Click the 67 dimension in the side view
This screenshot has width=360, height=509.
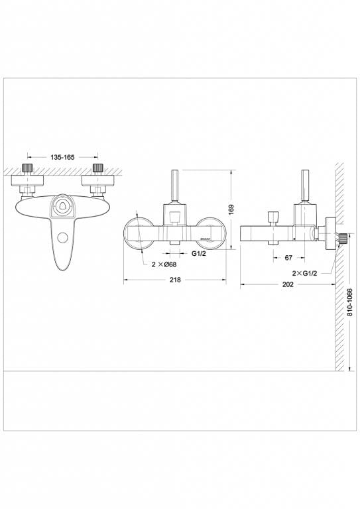coord(289,257)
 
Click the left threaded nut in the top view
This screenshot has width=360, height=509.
coord(29,167)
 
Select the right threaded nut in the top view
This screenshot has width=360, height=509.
coord(98,167)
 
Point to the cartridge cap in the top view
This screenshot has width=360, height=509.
coord(62,206)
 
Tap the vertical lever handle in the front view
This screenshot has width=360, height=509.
coord(176,186)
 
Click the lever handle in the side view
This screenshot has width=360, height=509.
coord(306,186)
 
